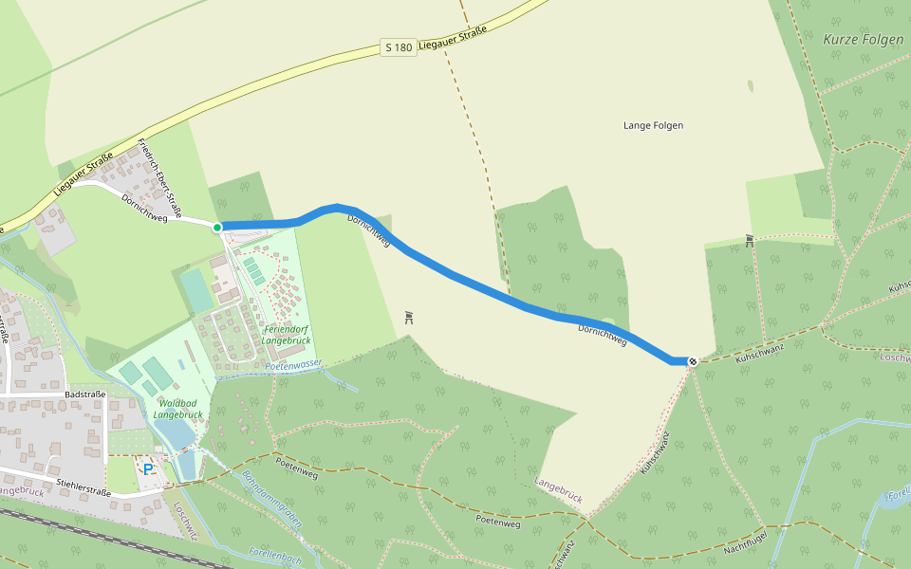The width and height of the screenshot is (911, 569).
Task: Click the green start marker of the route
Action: tap(217, 227)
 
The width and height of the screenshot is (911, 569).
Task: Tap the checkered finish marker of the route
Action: tap(694, 361)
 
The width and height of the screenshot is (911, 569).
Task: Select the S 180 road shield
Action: tap(399, 46)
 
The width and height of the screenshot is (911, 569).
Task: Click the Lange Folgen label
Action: tap(653, 125)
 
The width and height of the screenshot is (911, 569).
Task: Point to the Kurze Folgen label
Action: tap(864, 40)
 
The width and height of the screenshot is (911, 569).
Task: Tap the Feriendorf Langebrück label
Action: tap(288, 334)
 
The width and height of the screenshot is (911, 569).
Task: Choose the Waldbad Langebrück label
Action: tap(178, 409)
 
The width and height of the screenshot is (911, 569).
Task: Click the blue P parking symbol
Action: tap(148, 468)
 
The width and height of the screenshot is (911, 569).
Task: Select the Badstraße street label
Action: tap(84, 394)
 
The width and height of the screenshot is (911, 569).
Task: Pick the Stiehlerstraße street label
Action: tap(84, 486)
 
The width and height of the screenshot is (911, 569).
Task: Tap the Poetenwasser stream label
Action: tap(294, 364)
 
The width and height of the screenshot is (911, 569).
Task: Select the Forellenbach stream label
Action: tap(274, 556)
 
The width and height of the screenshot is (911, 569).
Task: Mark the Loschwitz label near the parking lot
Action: tap(184, 520)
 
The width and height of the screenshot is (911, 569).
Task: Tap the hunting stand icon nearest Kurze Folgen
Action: tap(750, 241)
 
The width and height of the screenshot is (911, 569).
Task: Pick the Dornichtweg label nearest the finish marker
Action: tap(603, 334)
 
